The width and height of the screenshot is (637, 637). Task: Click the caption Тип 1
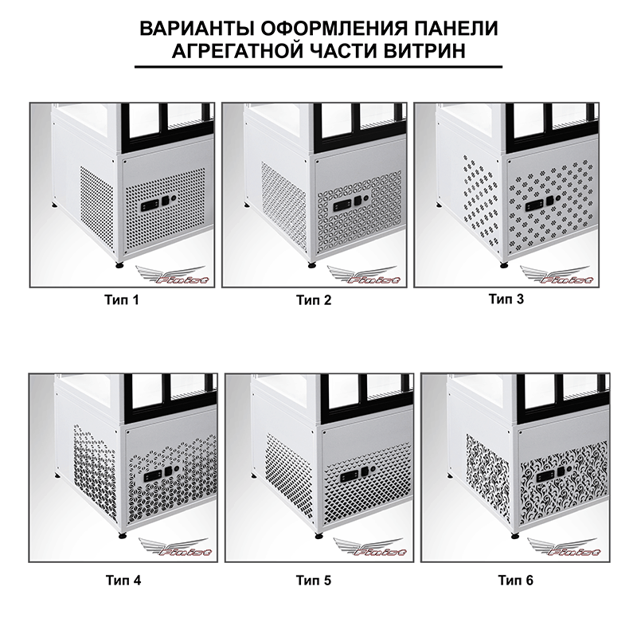pos(122,300)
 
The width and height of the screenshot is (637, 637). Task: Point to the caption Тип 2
pos(314,300)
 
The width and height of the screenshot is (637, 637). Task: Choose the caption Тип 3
pos(506,299)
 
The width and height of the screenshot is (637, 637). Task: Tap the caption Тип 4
pos(123,580)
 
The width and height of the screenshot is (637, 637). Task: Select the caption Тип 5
pos(314,580)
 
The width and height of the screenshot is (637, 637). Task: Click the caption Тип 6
pos(515,580)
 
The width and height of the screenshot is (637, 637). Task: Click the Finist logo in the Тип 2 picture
pos(365,276)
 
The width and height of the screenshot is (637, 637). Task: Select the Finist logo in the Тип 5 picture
pos(369,547)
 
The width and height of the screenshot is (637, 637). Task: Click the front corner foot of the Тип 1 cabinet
pos(120,266)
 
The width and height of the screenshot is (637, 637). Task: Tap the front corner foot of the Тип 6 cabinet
pos(515,535)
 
